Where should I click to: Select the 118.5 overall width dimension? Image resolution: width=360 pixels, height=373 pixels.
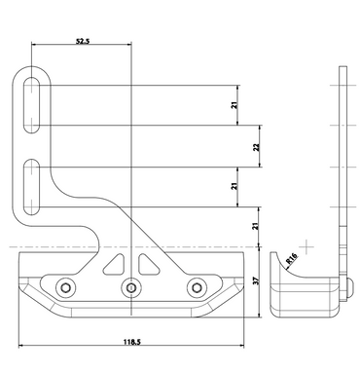[131, 343]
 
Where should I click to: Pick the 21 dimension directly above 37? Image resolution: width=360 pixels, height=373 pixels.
[256, 227]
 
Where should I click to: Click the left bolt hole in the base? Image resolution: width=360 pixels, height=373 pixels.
[65, 287]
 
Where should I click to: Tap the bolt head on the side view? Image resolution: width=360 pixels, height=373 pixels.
[350, 286]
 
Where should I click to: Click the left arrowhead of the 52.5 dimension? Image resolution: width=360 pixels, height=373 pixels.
[35, 45]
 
